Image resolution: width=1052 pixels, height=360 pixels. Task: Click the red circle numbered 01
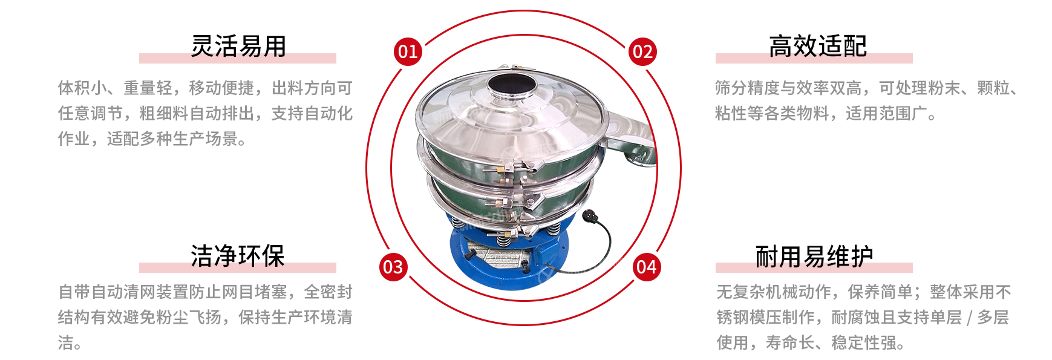point(408,51)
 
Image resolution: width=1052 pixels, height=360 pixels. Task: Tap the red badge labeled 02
point(642,51)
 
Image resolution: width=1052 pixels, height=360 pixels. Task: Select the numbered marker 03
point(393,267)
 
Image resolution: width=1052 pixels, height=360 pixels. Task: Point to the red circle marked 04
point(647,267)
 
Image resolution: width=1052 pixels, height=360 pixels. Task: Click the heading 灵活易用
point(238,46)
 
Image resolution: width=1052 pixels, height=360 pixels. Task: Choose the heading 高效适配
point(818,46)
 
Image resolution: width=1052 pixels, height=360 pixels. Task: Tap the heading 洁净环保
point(238,256)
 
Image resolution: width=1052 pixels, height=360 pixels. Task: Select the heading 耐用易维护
point(814,257)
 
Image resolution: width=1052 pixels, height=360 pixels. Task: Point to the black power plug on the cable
point(589,216)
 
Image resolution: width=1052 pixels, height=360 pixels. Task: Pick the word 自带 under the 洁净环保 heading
point(74,292)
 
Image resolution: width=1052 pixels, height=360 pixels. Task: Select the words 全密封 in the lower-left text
point(328,292)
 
